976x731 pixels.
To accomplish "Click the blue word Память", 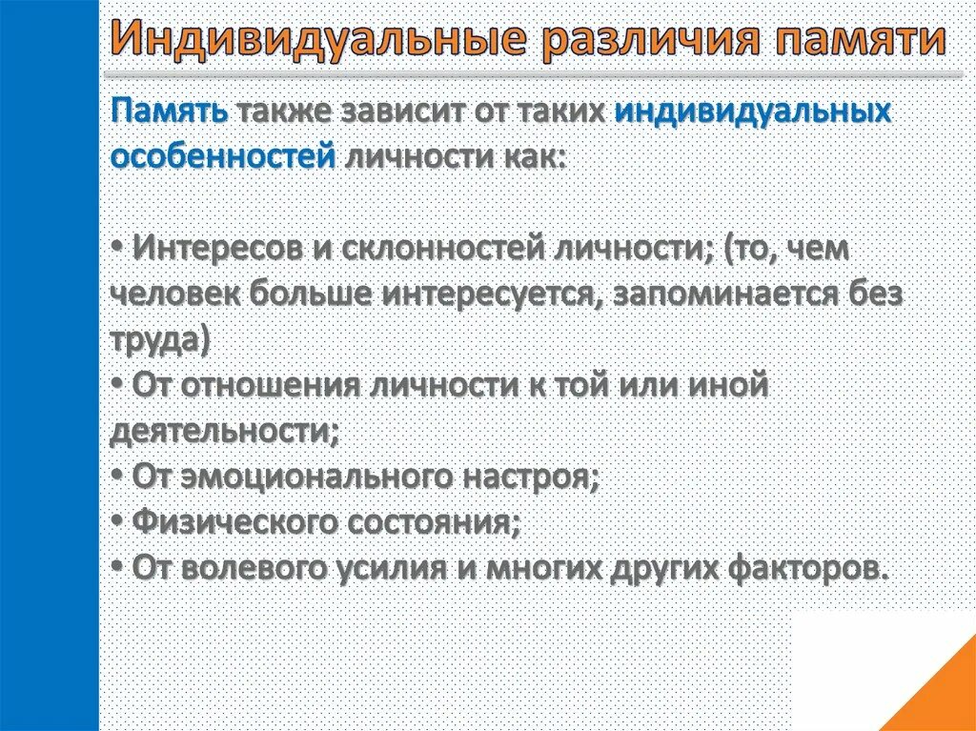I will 170,111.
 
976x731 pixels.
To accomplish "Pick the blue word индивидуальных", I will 752,111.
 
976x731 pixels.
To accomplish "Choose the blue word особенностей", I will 223,155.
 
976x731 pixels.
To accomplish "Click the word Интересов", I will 219,249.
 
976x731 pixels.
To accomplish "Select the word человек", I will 176,294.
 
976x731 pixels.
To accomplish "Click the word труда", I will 158,339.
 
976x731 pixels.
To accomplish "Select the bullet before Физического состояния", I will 117,521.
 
